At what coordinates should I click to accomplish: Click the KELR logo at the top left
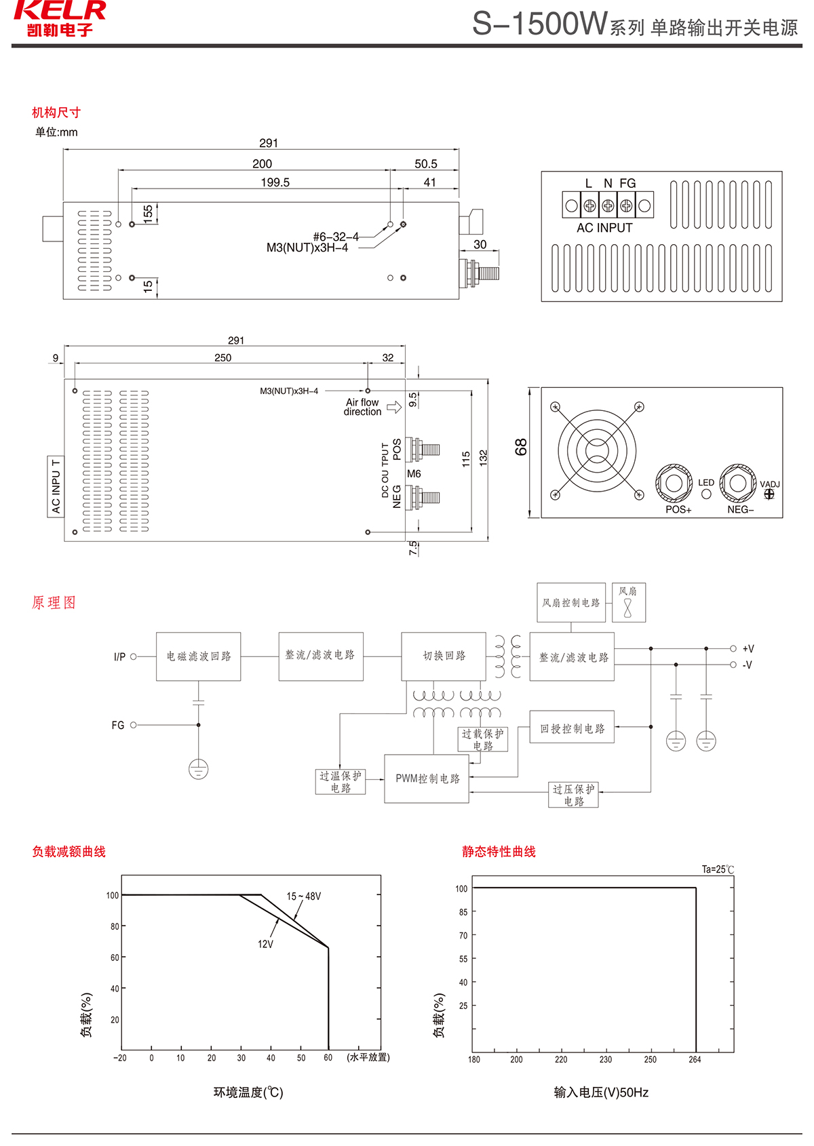click(x=60, y=18)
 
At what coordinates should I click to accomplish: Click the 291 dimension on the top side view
click(x=269, y=143)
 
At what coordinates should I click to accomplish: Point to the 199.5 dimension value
click(x=275, y=182)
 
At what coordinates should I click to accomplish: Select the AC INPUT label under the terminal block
click(x=604, y=228)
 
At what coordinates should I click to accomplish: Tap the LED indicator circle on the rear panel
click(x=706, y=494)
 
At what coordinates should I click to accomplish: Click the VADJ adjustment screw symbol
click(x=769, y=494)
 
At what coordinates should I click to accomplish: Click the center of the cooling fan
click(x=597, y=450)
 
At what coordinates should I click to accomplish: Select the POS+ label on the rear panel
click(x=678, y=510)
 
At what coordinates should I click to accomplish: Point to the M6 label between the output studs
click(x=414, y=474)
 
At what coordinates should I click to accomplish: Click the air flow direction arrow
click(x=394, y=407)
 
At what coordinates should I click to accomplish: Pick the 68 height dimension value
click(x=521, y=447)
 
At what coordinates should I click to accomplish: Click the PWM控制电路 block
click(x=427, y=778)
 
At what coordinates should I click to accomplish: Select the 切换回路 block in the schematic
click(x=444, y=656)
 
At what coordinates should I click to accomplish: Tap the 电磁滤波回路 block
click(x=199, y=656)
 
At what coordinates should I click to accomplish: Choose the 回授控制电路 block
click(x=572, y=728)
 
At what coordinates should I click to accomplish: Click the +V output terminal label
click(x=748, y=649)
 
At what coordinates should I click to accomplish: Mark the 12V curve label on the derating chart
click(x=265, y=944)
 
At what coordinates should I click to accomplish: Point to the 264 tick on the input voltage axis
click(x=695, y=1059)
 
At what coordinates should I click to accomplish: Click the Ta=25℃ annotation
click(x=718, y=869)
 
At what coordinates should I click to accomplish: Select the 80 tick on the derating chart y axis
click(x=115, y=926)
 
